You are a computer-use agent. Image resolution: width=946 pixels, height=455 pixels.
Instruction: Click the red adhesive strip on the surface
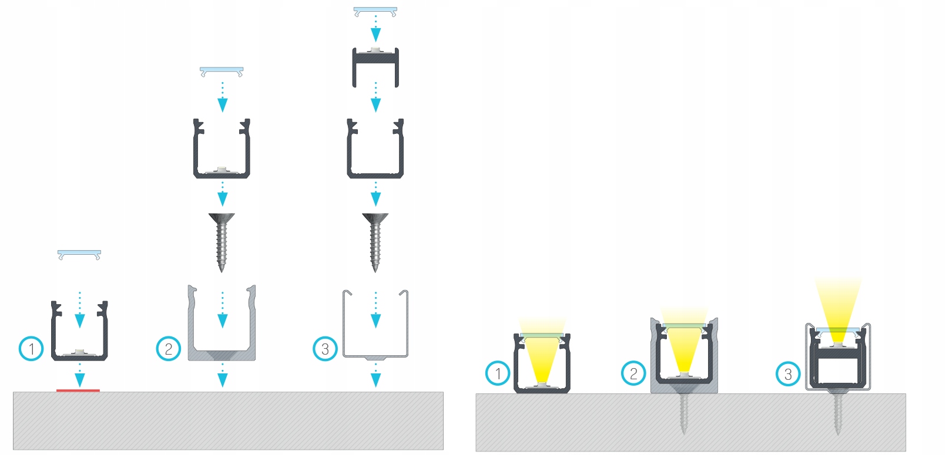click(x=78, y=390)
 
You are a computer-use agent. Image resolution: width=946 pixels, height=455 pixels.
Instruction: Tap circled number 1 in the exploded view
click(x=31, y=349)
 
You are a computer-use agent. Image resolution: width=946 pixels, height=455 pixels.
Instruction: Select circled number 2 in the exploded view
click(x=168, y=349)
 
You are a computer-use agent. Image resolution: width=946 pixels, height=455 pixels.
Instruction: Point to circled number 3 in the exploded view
click(x=325, y=349)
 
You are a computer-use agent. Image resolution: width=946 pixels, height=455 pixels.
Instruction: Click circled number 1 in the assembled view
click(x=498, y=373)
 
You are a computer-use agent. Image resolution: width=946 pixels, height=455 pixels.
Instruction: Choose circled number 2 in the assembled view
click(x=633, y=373)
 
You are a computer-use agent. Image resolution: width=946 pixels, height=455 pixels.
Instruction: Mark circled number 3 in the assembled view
click(x=788, y=373)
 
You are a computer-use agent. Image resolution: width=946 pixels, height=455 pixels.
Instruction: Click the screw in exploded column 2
click(x=222, y=241)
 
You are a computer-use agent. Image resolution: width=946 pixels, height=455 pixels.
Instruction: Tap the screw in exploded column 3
click(x=375, y=241)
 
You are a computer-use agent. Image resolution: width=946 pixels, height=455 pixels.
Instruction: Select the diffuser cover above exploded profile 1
click(x=79, y=254)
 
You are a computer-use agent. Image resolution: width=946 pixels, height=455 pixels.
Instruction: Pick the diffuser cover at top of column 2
click(x=222, y=71)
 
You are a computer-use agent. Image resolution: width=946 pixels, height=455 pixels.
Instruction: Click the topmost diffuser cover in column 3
click(x=375, y=11)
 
